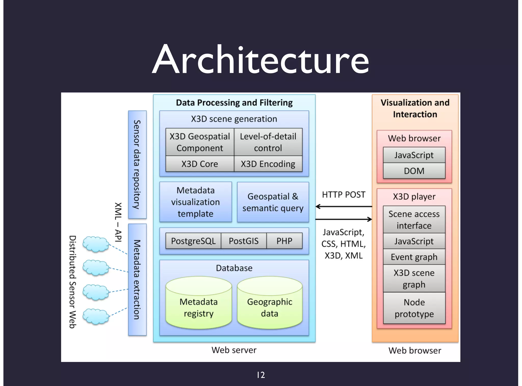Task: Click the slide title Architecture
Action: [260, 60]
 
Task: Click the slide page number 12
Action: [261, 375]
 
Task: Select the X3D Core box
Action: [200, 164]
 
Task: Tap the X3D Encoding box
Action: [268, 164]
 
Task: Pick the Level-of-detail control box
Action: [268, 142]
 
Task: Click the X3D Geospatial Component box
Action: [200, 142]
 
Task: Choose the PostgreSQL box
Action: [193, 241]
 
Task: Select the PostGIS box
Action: [243, 241]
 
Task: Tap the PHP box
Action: [284, 241]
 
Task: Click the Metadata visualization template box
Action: [195, 202]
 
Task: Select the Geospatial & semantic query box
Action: [273, 202]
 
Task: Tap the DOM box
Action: [414, 171]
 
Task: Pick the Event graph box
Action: [414, 257]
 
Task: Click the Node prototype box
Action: [414, 308]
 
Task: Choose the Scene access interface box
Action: [414, 220]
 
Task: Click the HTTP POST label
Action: [343, 195]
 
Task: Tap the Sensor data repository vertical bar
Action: [137, 164]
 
